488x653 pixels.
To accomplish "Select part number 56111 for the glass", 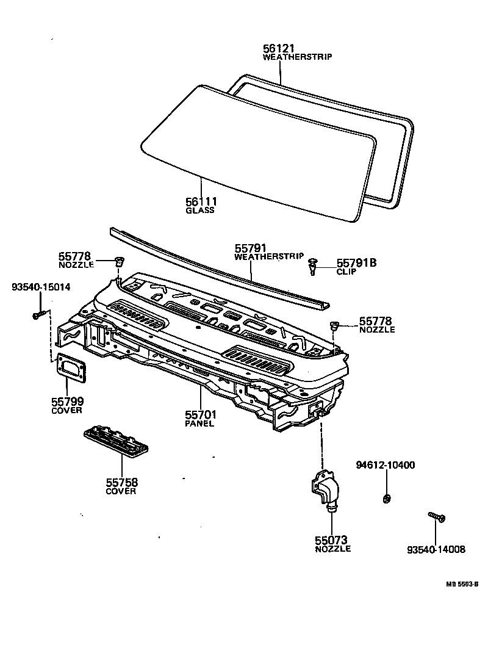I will (201, 201).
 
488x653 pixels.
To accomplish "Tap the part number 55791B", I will (357, 263).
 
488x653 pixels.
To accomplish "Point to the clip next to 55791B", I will (314, 265).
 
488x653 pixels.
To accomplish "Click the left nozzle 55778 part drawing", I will (120, 262).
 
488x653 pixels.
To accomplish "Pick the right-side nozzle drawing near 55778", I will (334, 325).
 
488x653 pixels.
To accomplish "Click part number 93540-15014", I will (41, 287).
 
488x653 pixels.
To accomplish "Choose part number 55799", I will (66, 402).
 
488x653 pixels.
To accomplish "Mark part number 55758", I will (121, 482).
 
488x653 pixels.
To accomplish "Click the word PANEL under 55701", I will (199, 424).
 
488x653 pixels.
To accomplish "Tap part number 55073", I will (331, 540).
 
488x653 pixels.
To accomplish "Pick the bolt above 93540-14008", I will (437, 518).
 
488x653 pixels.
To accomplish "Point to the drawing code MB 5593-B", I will (461, 584).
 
